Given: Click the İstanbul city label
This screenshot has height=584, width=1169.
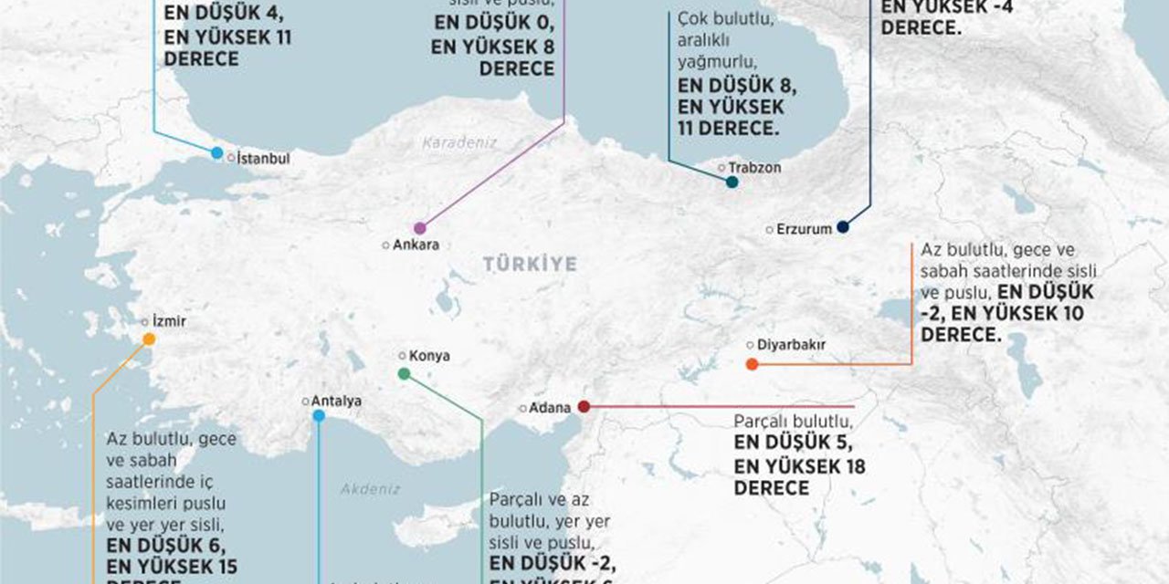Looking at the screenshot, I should pyautogui.click(x=263, y=158).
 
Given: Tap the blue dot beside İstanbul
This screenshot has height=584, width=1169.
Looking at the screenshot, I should pyautogui.click(x=216, y=153).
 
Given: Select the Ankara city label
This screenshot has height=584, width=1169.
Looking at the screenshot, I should pyautogui.click(x=416, y=245).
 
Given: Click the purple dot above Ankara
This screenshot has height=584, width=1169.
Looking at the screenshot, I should pyautogui.click(x=420, y=228).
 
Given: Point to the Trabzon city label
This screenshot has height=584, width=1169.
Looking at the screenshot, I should pyautogui.click(x=754, y=168).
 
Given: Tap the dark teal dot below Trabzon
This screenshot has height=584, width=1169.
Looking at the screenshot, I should pyautogui.click(x=732, y=182).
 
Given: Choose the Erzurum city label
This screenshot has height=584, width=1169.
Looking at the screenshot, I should pyautogui.click(x=804, y=229).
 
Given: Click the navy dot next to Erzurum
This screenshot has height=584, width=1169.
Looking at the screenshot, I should pyautogui.click(x=843, y=226).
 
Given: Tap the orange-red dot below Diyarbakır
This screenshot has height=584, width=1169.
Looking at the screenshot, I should pyautogui.click(x=752, y=364).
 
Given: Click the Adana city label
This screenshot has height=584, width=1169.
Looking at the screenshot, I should pyautogui.click(x=550, y=408).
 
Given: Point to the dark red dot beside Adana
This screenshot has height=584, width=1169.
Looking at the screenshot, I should pyautogui.click(x=584, y=406).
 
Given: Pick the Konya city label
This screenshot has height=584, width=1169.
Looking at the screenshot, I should pyautogui.click(x=429, y=356).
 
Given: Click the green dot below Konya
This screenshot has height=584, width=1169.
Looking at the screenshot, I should pyautogui.click(x=405, y=373).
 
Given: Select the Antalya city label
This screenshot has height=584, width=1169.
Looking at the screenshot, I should pyautogui.click(x=336, y=401).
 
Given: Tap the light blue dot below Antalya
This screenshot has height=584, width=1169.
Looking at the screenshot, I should pyautogui.click(x=319, y=416).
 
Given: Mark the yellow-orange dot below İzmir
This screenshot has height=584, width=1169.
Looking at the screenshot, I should pyautogui.click(x=149, y=339).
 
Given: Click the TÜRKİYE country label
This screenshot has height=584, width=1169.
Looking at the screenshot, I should pyautogui.click(x=530, y=265).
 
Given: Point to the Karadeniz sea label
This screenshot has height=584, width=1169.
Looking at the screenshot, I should pyautogui.click(x=459, y=142).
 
